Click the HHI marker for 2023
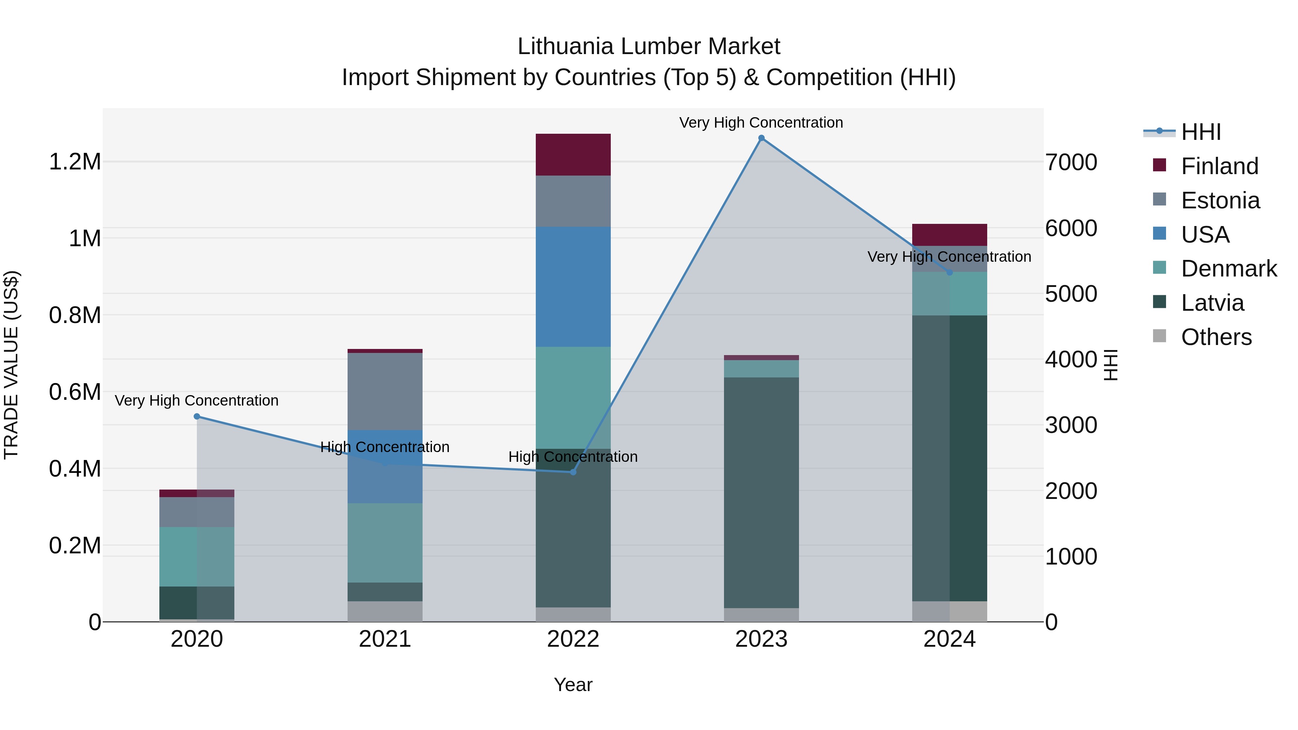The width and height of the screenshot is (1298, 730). (x=761, y=138)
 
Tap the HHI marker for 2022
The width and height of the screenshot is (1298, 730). (x=573, y=472)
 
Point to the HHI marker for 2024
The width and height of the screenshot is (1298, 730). (x=950, y=273)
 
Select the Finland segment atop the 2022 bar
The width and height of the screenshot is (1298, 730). (x=573, y=155)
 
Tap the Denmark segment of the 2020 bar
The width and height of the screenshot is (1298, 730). (x=197, y=557)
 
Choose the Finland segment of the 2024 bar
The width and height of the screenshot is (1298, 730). (x=950, y=235)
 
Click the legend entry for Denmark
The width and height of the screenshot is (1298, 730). (x=1228, y=269)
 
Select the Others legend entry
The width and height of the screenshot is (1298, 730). (x=1216, y=337)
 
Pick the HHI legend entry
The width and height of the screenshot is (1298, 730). (x=1201, y=132)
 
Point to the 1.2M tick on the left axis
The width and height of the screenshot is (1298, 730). (x=75, y=162)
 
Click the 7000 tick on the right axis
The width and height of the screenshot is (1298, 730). (x=1071, y=162)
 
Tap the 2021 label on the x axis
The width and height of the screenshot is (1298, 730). (x=385, y=639)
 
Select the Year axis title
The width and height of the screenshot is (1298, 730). (x=573, y=685)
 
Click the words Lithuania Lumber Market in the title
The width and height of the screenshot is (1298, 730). (x=649, y=47)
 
